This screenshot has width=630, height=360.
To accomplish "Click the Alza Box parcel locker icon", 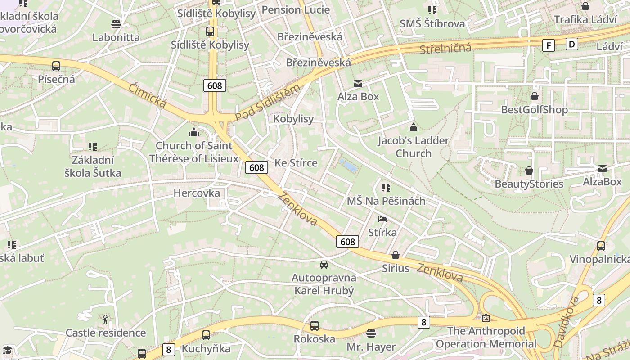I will click(x=358, y=84).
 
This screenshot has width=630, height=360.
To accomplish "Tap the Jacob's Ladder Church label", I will click(x=413, y=147).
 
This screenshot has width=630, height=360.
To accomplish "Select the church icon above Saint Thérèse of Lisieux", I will click(x=194, y=132).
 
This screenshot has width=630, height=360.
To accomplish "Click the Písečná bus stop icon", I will click(x=56, y=66).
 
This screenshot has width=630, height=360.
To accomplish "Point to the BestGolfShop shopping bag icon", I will click(x=535, y=96).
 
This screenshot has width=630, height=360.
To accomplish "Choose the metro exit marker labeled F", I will click(x=548, y=45).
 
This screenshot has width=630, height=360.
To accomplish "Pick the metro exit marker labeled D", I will click(x=571, y=44).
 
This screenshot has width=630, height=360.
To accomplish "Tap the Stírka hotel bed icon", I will click(x=382, y=219).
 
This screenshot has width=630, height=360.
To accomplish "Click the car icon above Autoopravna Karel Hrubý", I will click(x=324, y=264).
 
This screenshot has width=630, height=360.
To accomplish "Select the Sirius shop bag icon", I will click(x=396, y=255).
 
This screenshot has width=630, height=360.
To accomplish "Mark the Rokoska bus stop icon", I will click(x=315, y=326).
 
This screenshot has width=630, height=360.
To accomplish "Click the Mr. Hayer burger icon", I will click(x=371, y=333).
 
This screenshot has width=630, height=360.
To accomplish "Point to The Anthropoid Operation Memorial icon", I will click(x=486, y=318).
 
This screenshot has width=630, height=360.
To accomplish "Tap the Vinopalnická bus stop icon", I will click(x=601, y=246).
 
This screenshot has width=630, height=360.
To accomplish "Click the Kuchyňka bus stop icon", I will click(x=206, y=335).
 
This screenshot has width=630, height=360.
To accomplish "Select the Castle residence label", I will click(x=106, y=333).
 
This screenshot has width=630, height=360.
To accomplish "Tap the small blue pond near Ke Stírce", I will click(x=349, y=166).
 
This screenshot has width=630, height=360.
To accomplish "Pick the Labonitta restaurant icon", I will click(x=116, y=24).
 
